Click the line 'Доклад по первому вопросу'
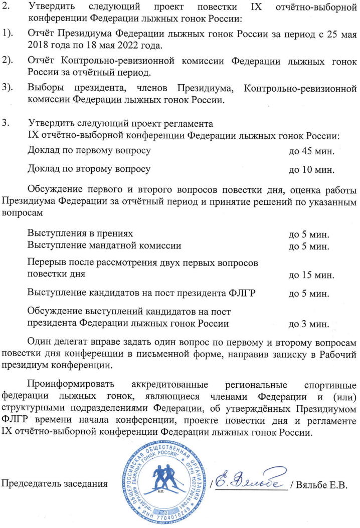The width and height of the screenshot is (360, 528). coord(90,150)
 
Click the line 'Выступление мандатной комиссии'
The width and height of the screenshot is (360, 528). coord(104,245)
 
